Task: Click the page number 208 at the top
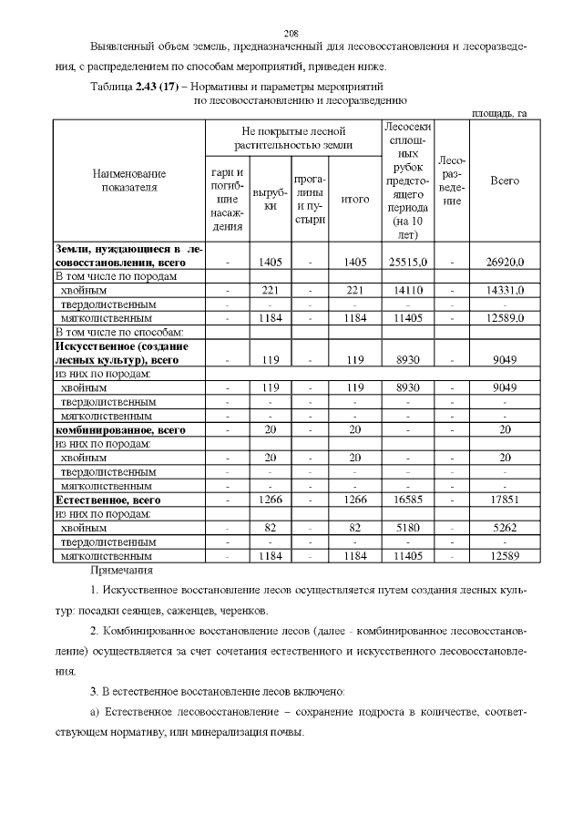[x=291, y=31]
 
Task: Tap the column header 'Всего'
[x=504, y=180]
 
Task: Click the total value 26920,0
[x=504, y=263]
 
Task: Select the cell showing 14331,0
[x=504, y=290]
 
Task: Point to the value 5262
[x=504, y=527]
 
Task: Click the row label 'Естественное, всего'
[x=108, y=500]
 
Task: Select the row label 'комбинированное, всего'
[x=120, y=429]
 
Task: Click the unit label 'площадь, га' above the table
[x=499, y=113]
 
